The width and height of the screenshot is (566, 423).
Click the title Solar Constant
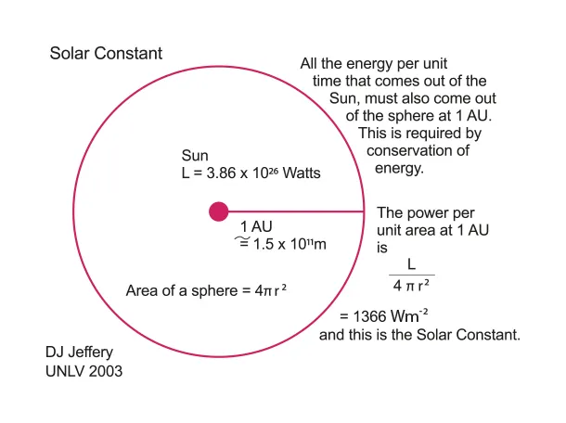click(106, 54)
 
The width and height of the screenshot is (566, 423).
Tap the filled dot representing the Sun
click(218, 212)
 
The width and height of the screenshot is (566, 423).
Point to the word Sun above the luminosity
click(195, 156)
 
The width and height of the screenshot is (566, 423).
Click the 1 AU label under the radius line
click(256, 227)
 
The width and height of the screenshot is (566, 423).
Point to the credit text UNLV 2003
click(84, 371)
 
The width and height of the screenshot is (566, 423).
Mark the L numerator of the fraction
click(411, 265)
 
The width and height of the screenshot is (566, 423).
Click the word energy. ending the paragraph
click(399, 170)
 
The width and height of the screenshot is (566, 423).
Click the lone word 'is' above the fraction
click(381, 248)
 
